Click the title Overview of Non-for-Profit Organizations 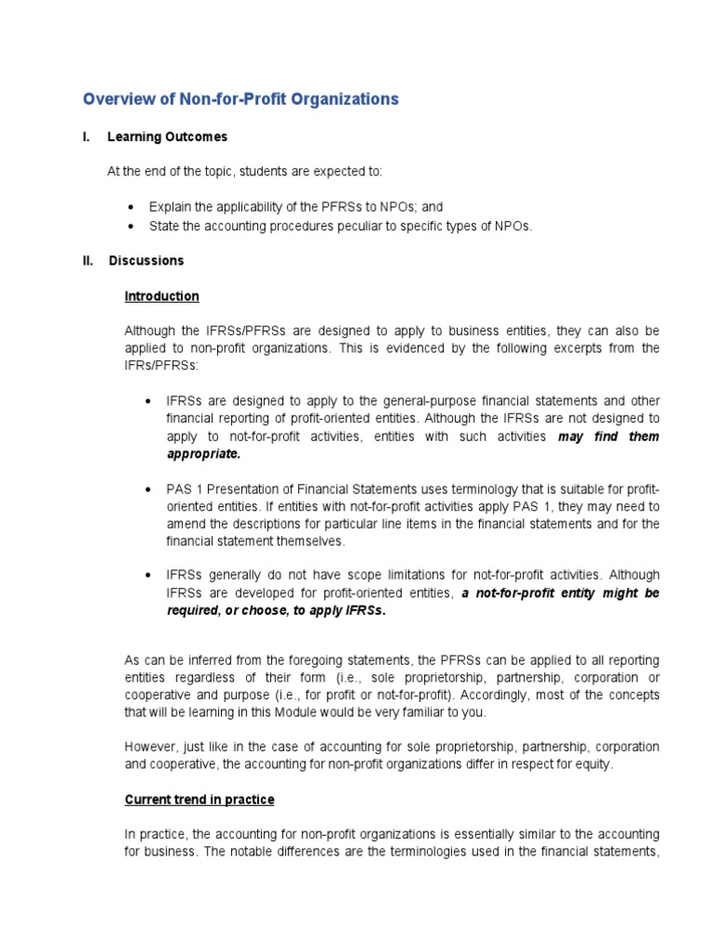tap(240, 98)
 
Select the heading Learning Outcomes tap(167, 137)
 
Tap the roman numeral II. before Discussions tap(89, 261)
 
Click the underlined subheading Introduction tap(162, 296)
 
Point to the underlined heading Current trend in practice tap(200, 800)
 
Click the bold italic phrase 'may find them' tap(608, 436)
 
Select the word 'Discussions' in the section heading tap(146, 261)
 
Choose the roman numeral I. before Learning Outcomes tap(86, 137)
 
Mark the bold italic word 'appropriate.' tap(203, 453)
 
